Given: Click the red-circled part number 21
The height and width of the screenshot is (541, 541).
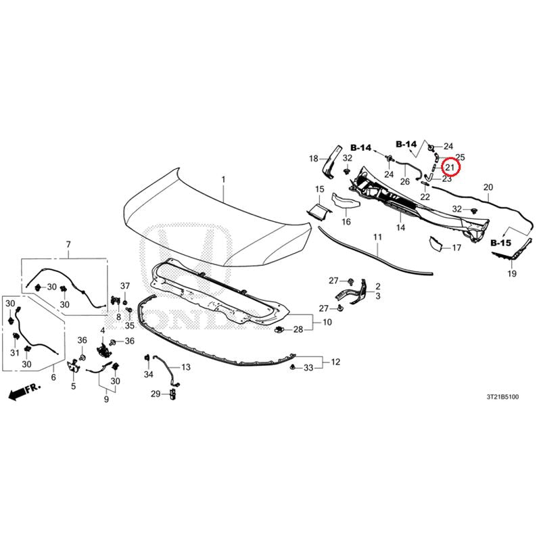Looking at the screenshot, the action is pyautogui.click(x=450, y=168).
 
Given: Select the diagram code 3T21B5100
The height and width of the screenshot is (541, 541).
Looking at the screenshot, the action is pyautogui.click(x=502, y=397).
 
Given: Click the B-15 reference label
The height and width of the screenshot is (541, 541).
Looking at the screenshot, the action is pyautogui.click(x=500, y=243).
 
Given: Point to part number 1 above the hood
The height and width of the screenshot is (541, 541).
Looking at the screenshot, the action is pyautogui.click(x=223, y=179).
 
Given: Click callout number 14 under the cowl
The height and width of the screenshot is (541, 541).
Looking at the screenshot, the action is pyautogui.click(x=400, y=227).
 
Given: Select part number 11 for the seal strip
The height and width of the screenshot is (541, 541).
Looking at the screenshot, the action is pyautogui.click(x=377, y=237).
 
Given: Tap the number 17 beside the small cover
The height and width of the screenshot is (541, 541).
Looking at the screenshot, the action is pyautogui.click(x=456, y=248).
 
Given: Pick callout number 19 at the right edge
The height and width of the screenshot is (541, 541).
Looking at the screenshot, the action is pyautogui.click(x=512, y=274).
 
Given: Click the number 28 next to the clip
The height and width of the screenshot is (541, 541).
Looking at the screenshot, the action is pyautogui.click(x=298, y=329).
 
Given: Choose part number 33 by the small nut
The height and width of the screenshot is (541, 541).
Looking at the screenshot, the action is pyautogui.click(x=308, y=368).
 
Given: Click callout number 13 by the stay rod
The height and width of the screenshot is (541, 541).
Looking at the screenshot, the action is pyautogui.click(x=185, y=367).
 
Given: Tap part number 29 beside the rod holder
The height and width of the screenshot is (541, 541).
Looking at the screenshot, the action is pyautogui.click(x=156, y=394).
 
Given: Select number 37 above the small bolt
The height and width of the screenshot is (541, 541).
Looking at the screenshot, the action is pyautogui.click(x=125, y=285).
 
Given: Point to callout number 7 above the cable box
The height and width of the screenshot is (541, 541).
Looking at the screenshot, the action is pyautogui.click(x=68, y=244).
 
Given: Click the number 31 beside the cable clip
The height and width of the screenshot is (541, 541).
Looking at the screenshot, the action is pyautogui.click(x=14, y=352).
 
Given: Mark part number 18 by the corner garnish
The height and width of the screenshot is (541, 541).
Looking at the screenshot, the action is pyautogui.click(x=313, y=158).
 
